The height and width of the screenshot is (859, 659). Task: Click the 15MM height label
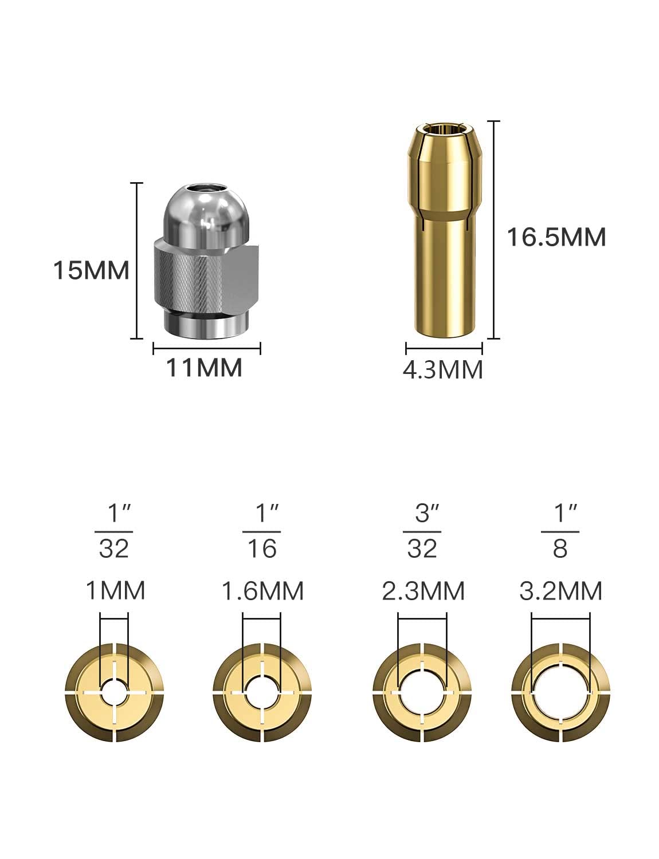[x=91, y=271]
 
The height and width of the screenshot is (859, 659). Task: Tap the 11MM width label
[x=204, y=368]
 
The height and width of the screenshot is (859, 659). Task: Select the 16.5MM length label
[x=556, y=237]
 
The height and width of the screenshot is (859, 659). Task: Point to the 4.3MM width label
[x=442, y=369]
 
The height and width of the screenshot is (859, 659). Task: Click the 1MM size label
[x=116, y=590]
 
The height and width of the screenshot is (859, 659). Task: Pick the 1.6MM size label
[x=262, y=591]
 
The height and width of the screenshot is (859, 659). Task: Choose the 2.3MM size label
[x=423, y=591]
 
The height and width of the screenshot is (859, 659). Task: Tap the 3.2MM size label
[x=560, y=591]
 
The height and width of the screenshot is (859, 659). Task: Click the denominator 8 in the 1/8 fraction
[x=560, y=549]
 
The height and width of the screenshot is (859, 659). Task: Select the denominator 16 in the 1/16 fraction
[x=262, y=549]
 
